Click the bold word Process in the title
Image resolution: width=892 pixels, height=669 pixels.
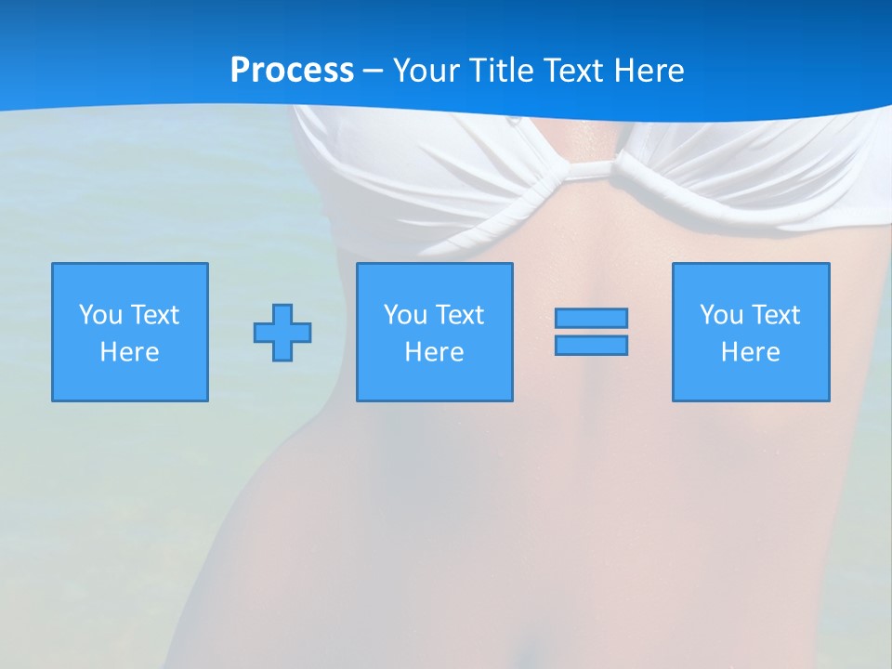coord(292,71)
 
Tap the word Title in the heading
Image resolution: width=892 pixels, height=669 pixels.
coord(498,71)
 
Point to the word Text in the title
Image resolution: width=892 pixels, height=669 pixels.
coord(580,71)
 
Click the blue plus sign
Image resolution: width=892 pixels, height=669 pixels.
coord(282,333)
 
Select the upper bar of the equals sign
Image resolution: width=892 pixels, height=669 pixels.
coord(591,318)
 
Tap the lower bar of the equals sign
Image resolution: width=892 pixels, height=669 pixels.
coord(591,346)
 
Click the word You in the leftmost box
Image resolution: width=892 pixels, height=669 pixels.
coord(100,315)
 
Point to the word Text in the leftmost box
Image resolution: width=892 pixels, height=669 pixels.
coord(154,315)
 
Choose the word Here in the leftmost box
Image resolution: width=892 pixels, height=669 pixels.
coord(129,352)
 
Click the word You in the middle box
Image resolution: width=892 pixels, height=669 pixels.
coord(405,315)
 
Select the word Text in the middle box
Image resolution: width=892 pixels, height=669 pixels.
coord(459,315)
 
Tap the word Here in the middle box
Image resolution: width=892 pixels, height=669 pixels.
coord(434,352)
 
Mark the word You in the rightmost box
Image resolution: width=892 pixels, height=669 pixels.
coord(721,315)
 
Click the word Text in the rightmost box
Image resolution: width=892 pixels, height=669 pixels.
coord(775,315)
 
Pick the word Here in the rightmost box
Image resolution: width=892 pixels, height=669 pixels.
coord(750,352)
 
